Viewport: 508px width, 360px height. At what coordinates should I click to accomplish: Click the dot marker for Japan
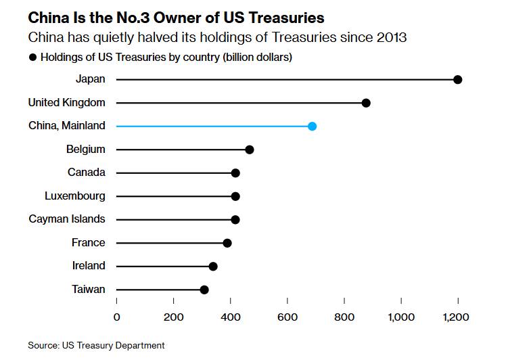click(458, 80)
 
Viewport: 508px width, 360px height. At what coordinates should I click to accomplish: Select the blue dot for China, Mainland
click(312, 126)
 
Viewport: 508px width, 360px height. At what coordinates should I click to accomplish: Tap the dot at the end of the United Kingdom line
click(366, 103)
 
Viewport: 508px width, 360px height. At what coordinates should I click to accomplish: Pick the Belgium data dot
click(250, 150)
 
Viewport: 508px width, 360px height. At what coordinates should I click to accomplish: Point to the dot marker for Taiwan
click(204, 290)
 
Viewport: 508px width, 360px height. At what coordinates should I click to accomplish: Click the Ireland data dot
click(213, 267)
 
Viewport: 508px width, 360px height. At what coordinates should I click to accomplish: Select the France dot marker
click(227, 243)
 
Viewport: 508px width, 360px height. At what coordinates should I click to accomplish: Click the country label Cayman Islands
click(67, 219)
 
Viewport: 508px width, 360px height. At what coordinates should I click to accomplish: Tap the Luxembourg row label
click(75, 196)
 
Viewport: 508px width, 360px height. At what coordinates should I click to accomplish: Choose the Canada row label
click(87, 173)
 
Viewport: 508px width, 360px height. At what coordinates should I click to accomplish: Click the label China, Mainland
click(67, 126)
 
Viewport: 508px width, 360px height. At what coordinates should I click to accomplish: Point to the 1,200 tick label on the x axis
click(457, 317)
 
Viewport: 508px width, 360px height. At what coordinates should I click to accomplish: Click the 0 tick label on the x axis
click(116, 317)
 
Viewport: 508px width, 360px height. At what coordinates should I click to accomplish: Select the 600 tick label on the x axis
click(287, 317)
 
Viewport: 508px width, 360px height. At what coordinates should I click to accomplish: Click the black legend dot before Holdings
click(32, 58)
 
